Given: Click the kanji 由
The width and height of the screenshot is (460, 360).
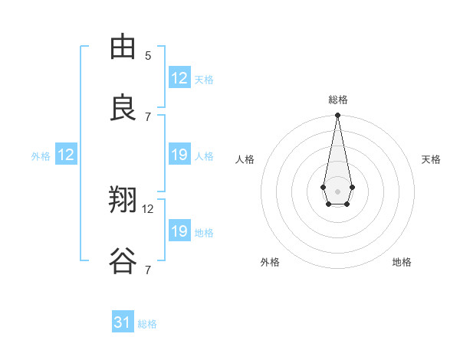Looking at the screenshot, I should [123, 47].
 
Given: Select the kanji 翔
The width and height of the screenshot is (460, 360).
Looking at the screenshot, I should [123, 201].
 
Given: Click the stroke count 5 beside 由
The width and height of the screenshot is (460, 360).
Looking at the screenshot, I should [148, 55].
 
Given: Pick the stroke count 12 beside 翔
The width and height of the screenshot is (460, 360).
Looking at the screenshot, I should [148, 208].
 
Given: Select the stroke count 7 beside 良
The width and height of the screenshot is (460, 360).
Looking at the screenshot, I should [148, 116].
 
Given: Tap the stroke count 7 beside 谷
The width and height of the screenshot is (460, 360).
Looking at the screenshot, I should [148, 270].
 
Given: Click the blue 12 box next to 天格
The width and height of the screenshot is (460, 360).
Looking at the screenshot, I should [179, 78].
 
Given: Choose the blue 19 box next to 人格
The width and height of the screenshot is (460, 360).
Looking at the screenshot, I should [179, 155].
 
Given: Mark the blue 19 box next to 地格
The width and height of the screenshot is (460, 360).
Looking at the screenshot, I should [179, 231].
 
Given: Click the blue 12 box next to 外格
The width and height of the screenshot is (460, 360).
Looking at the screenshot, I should [66, 155].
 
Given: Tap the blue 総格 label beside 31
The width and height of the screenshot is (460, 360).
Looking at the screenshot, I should [148, 324].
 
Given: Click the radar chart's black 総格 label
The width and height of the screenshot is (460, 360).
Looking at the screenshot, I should [338, 100].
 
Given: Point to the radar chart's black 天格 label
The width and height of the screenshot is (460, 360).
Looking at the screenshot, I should [432, 159].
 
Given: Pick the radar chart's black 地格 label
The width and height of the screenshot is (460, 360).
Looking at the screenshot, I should [402, 262].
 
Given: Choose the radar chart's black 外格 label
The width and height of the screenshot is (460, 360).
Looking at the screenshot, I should [270, 262].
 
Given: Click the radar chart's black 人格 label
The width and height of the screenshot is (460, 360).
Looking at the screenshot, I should [245, 159].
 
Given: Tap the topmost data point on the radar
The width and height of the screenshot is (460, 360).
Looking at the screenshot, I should [337, 115].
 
